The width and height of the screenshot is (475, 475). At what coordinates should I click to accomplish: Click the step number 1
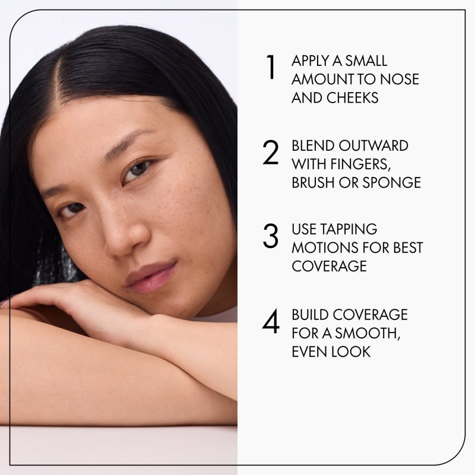click(x=271, y=67)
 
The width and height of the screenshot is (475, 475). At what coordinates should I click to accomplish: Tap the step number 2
click(x=271, y=153)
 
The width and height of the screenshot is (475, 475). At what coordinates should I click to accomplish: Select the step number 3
click(x=271, y=236)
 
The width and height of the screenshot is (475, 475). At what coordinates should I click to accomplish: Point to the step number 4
click(x=271, y=321)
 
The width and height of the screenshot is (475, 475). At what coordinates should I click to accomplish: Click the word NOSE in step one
click(x=399, y=80)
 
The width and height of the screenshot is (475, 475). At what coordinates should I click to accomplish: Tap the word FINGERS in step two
click(x=360, y=164)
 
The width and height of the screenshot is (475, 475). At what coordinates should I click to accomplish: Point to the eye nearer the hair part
click(x=138, y=170)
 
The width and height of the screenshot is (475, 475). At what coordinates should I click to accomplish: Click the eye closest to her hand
click(x=72, y=210)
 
